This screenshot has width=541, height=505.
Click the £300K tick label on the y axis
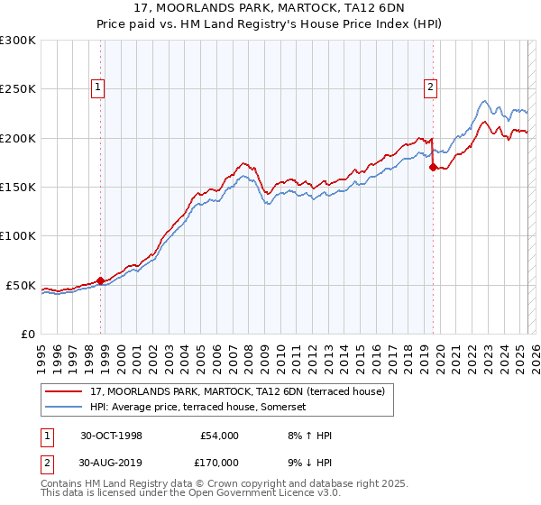[x=17, y=41]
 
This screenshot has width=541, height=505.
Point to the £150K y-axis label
[x=17, y=188]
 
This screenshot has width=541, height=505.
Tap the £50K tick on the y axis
[x=21, y=285]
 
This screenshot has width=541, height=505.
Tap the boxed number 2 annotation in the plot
[x=430, y=87]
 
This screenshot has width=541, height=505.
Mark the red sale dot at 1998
[x=100, y=280]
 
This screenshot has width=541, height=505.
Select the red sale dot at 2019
[x=433, y=167]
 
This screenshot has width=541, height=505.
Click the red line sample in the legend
[x=64, y=391]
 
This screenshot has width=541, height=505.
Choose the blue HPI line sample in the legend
[x=64, y=407]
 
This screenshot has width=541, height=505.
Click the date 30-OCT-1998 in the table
[x=111, y=436]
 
